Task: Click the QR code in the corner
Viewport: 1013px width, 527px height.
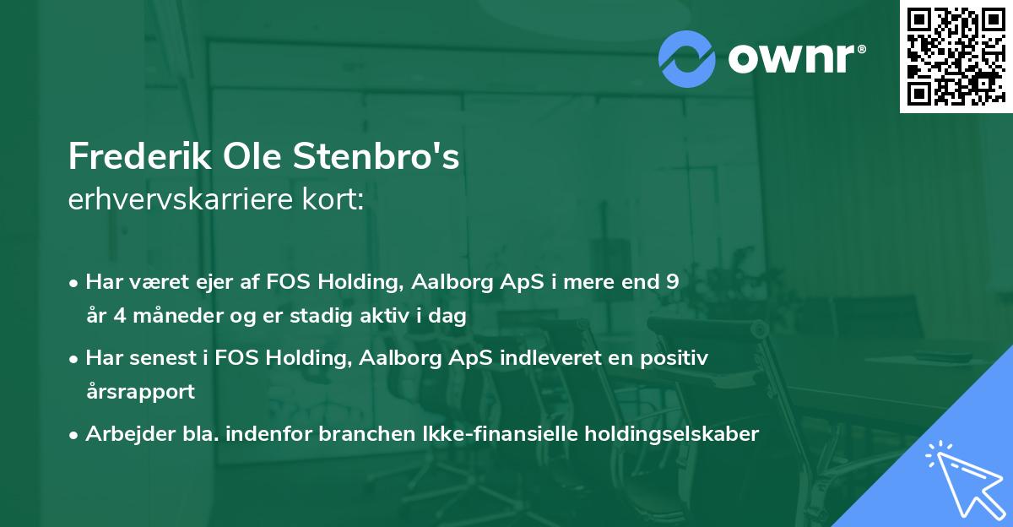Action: (x=956, y=57)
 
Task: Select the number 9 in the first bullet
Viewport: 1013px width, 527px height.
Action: (x=672, y=282)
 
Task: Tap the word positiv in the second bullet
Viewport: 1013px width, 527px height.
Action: (x=677, y=358)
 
